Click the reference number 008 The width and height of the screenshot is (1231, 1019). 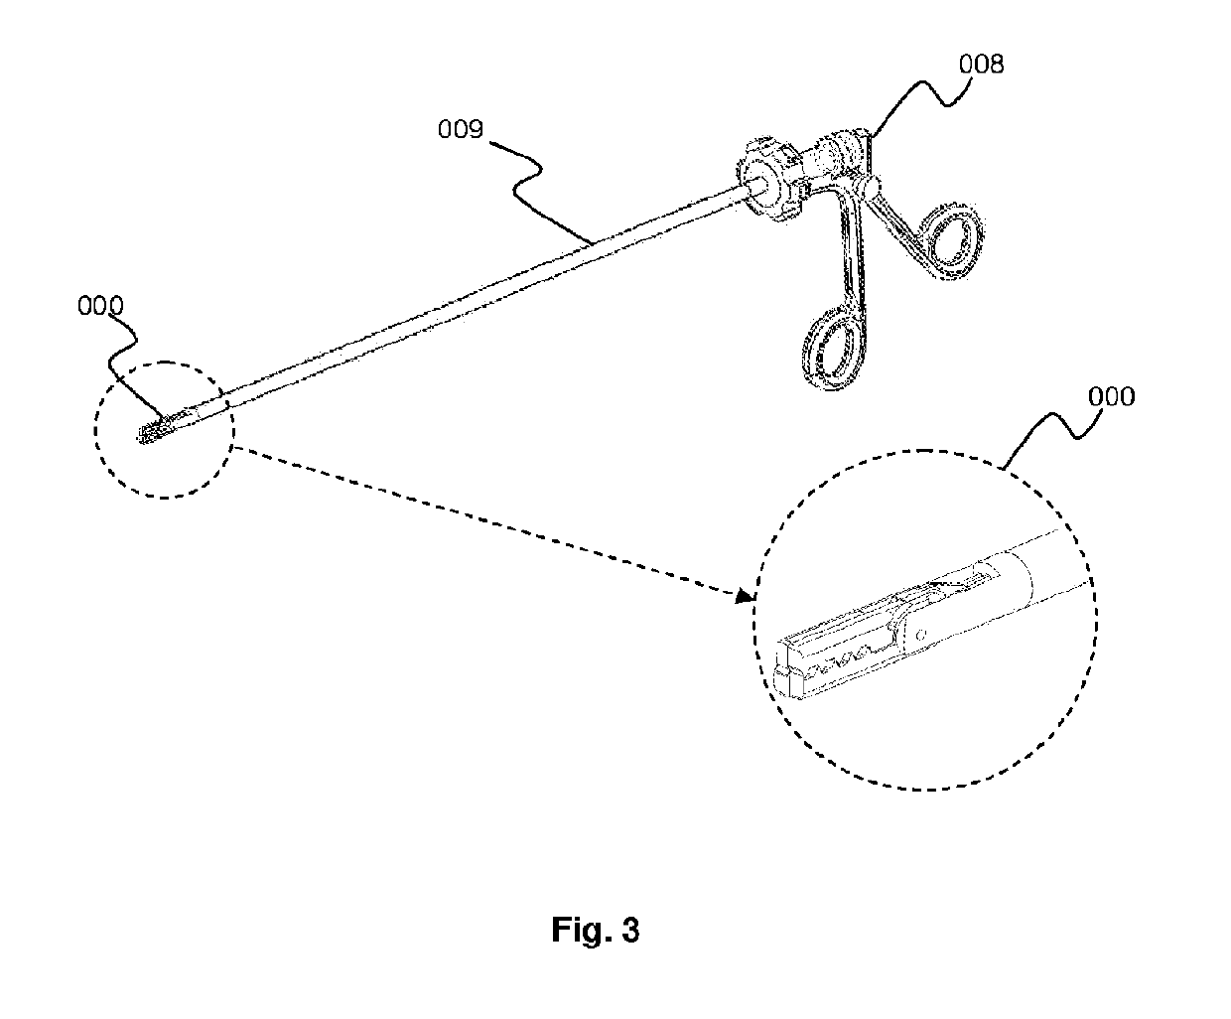(981, 65)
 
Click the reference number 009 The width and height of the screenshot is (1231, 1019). (461, 130)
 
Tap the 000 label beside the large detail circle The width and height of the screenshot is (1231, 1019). (1112, 397)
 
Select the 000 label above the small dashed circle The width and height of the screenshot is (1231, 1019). (100, 307)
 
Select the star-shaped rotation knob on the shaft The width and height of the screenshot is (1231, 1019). (769, 180)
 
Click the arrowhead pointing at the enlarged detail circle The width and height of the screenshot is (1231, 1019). (745, 596)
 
